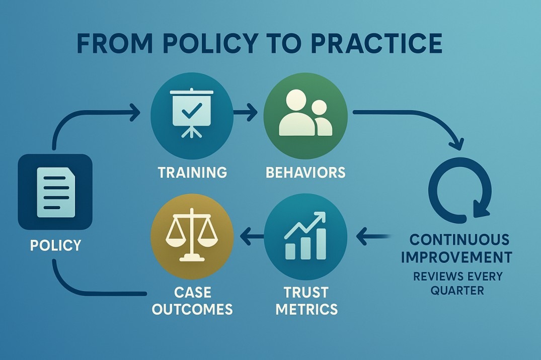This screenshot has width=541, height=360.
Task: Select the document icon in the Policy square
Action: pyautogui.click(x=55, y=192)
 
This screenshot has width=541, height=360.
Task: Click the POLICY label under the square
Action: pyautogui.click(x=55, y=245)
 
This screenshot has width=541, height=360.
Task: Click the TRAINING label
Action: pyautogui.click(x=193, y=172)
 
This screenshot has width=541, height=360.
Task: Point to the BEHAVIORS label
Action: pyautogui.click(x=305, y=172)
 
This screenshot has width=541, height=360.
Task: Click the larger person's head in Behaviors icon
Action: pyautogui.click(x=296, y=101)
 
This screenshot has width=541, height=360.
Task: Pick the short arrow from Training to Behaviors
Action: pyautogui.click(x=245, y=112)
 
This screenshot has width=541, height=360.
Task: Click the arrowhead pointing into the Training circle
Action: pyautogui.click(x=135, y=112)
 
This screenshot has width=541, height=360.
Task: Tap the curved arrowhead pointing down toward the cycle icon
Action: pyautogui.click(x=456, y=144)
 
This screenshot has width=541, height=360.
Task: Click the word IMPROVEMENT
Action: pyautogui.click(x=456, y=257)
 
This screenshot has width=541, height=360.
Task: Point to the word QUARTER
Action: pyautogui.click(x=457, y=290)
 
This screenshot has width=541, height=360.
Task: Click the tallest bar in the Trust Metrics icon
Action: pyautogui.click(x=321, y=243)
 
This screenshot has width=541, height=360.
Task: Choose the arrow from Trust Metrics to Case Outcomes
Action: pyautogui.click(x=252, y=236)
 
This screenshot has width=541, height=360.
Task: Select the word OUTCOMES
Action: pyautogui.click(x=192, y=309)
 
